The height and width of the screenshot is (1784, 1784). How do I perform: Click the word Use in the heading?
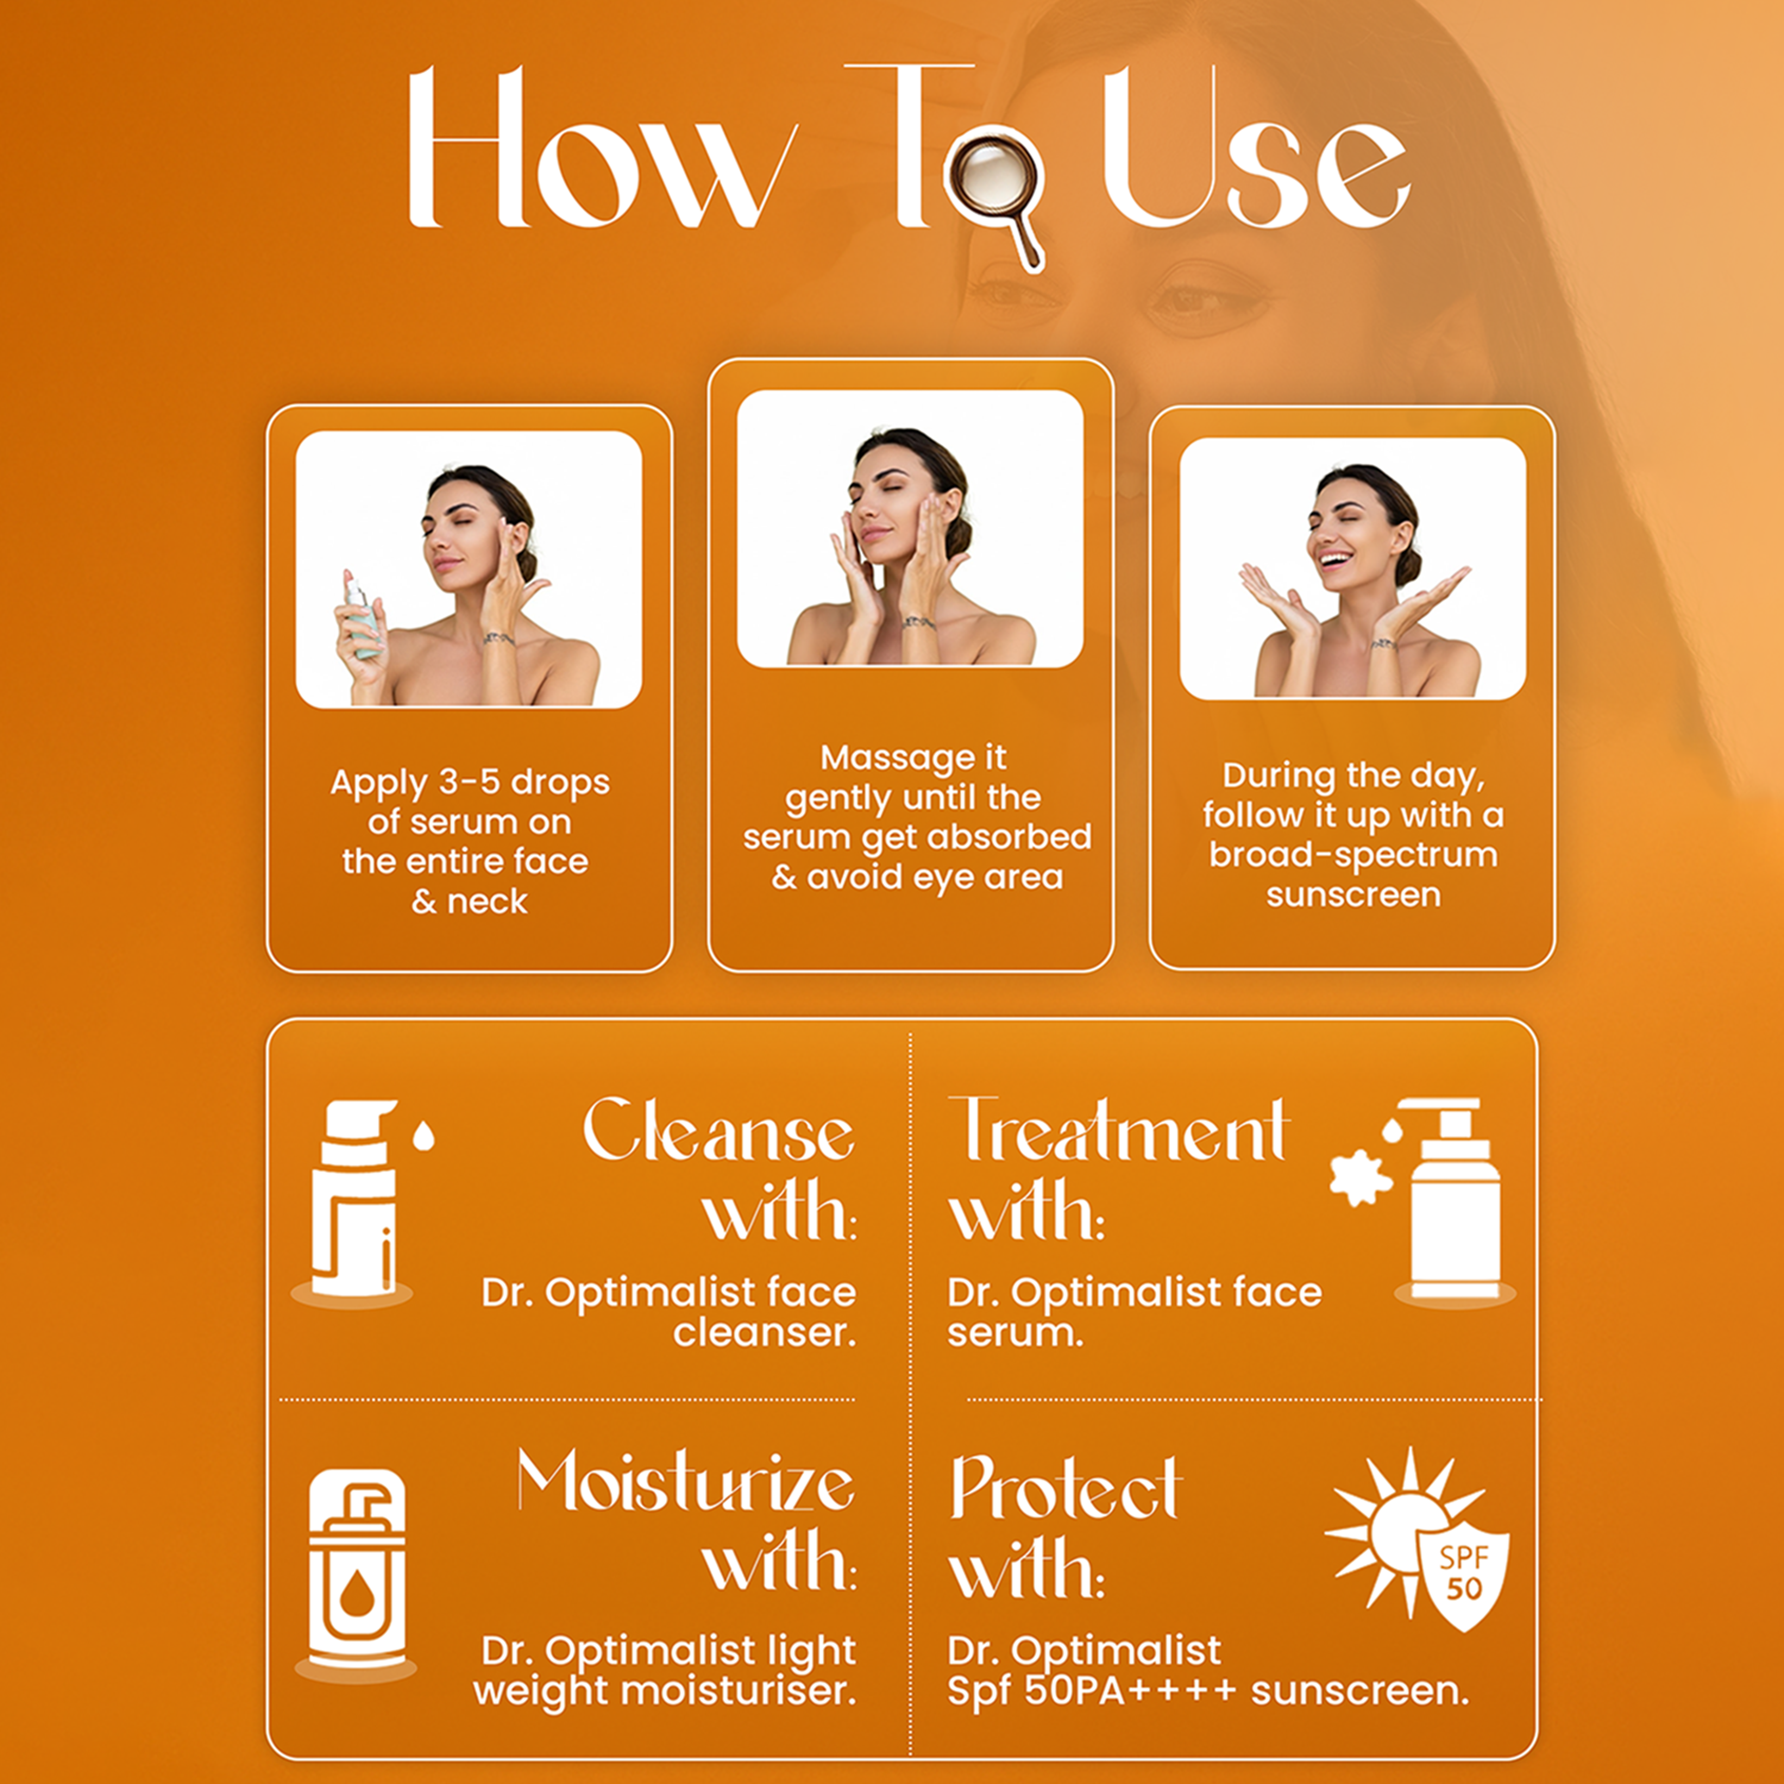(1256, 152)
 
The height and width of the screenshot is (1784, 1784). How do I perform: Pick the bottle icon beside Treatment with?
(1454, 1200)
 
